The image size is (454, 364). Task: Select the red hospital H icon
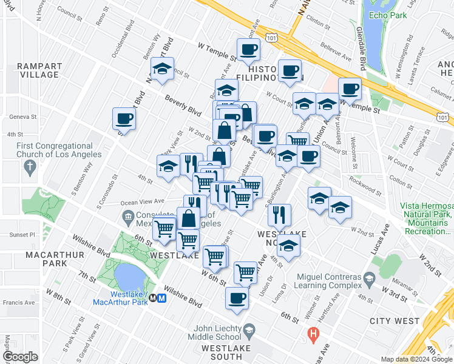point(313,334)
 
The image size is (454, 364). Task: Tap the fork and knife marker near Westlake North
point(279,214)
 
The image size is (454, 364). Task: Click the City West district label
point(398,321)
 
